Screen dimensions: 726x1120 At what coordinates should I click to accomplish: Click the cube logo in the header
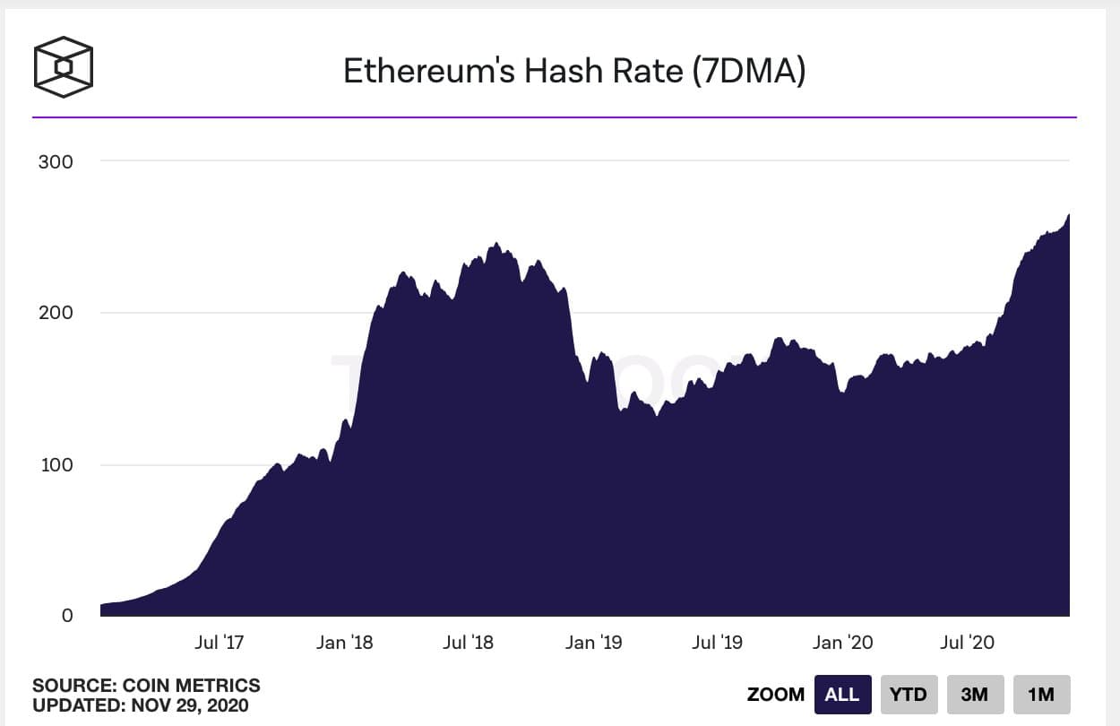click(63, 66)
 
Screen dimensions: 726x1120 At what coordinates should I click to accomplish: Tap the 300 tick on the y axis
click(56, 161)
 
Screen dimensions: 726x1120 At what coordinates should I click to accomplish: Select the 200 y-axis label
click(56, 313)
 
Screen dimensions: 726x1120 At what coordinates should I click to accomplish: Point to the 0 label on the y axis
click(67, 616)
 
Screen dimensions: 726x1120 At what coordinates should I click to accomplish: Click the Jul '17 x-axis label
click(219, 642)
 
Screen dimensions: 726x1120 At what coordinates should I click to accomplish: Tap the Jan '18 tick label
click(345, 642)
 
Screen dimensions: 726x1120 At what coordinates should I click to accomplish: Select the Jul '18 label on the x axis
click(468, 642)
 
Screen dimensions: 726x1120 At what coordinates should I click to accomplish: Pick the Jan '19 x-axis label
click(594, 642)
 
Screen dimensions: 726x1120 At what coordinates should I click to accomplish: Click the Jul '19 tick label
click(717, 642)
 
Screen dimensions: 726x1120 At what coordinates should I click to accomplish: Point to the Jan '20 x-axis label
click(842, 642)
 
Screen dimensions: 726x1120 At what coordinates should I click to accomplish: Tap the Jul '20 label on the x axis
click(967, 642)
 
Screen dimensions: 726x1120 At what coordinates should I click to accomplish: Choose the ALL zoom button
click(842, 694)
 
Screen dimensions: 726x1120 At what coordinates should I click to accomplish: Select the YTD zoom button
click(909, 694)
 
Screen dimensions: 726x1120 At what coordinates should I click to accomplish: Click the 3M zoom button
click(975, 694)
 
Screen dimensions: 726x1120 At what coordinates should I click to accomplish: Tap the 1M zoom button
click(1041, 694)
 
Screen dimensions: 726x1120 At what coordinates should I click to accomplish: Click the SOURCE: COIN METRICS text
click(146, 686)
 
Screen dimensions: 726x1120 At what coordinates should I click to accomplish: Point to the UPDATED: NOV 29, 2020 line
click(141, 705)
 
